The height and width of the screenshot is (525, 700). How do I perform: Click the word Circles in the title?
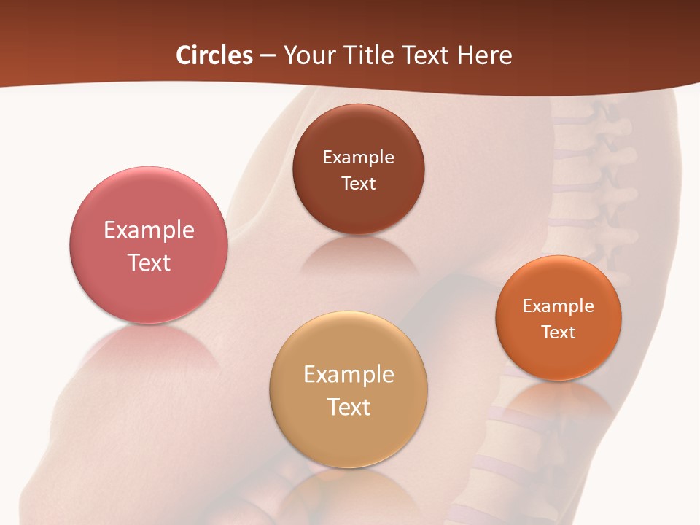[214, 55]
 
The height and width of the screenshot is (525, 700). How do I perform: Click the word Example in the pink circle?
[149, 230]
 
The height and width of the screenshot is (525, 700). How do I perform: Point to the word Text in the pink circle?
[149, 262]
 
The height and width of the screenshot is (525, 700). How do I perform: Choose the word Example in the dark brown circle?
[359, 157]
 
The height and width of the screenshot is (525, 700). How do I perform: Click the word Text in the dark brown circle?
[359, 183]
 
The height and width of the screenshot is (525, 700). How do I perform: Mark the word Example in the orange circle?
[559, 306]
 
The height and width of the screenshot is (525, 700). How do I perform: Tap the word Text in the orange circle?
[559, 332]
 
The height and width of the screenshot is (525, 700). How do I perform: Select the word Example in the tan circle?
[349, 375]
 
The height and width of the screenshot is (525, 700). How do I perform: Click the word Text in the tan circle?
[349, 407]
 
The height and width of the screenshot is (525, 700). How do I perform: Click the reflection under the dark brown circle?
[359, 255]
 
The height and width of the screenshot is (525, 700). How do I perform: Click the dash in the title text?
[268, 56]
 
